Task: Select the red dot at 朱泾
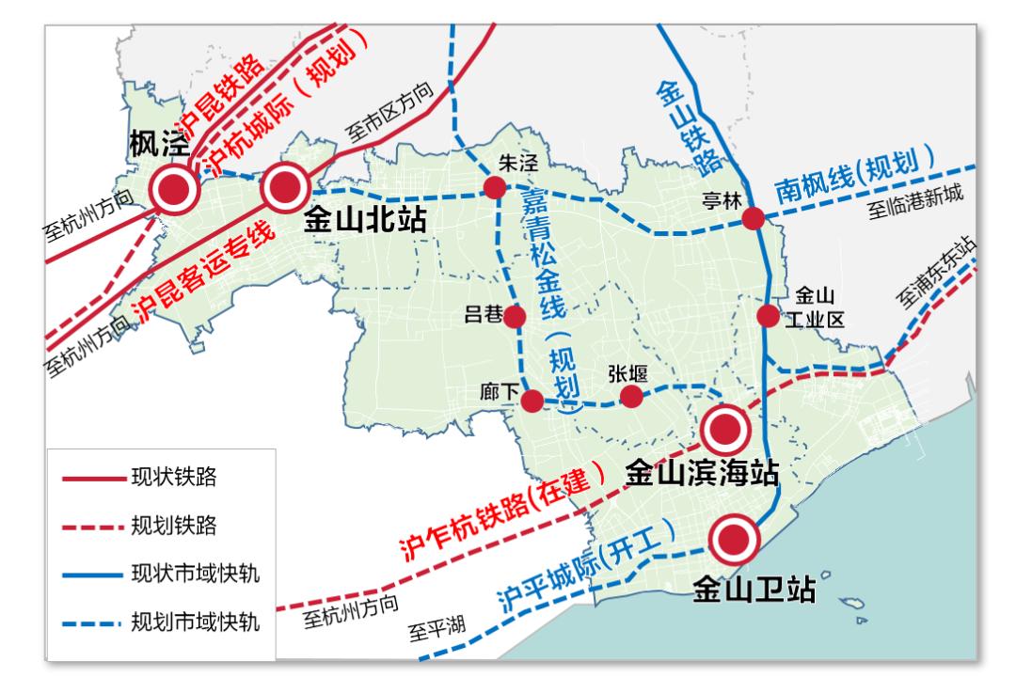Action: coord(495,188)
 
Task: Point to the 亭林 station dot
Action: coord(753,219)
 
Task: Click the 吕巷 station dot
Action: coord(514,317)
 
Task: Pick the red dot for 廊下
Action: coord(532,401)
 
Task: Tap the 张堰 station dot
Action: coord(631,397)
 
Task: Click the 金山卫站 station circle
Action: coord(734,539)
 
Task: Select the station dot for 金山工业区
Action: coord(769,316)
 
